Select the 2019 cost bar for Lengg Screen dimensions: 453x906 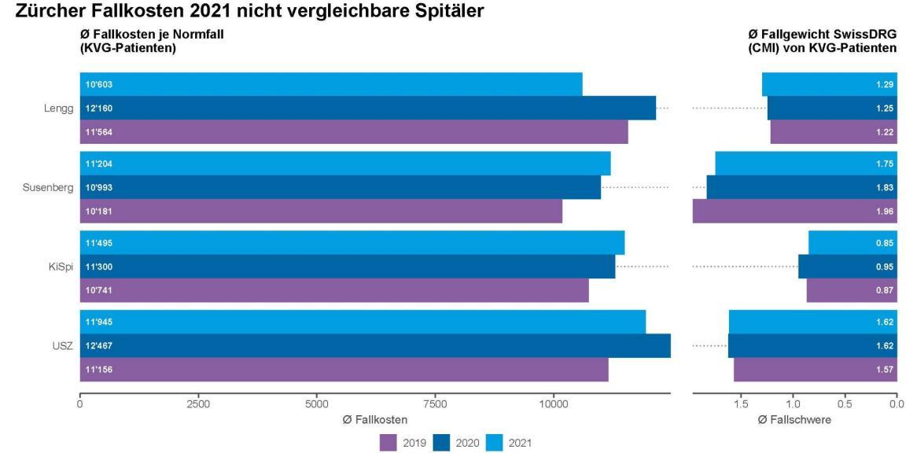(x=354, y=132)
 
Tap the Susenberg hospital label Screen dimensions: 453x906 (x=53, y=187)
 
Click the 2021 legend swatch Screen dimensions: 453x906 (x=490, y=443)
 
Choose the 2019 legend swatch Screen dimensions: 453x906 (x=389, y=443)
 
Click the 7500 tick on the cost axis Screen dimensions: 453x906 (x=435, y=404)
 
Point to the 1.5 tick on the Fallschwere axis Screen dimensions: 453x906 (x=741, y=404)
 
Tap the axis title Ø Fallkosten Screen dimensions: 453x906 (x=374, y=420)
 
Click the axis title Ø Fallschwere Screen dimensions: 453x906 (x=794, y=420)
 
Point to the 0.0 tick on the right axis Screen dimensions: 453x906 (x=896, y=404)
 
